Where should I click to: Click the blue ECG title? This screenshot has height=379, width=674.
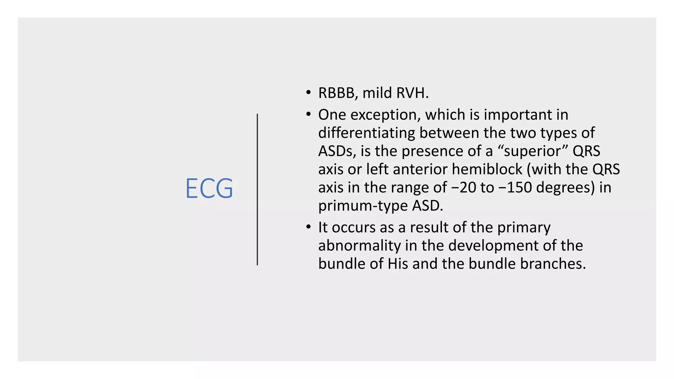(209, 188)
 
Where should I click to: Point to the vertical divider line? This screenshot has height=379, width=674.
(257, 189)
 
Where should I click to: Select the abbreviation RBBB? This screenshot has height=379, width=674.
(336, 93)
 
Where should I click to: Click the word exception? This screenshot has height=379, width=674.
(386, 115)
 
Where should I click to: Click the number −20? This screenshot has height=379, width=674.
(463, 188)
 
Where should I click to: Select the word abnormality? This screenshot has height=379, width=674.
(359, 245)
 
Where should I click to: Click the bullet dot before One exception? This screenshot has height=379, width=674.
(308, 114)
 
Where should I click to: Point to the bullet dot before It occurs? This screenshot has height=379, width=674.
(308, 227)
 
